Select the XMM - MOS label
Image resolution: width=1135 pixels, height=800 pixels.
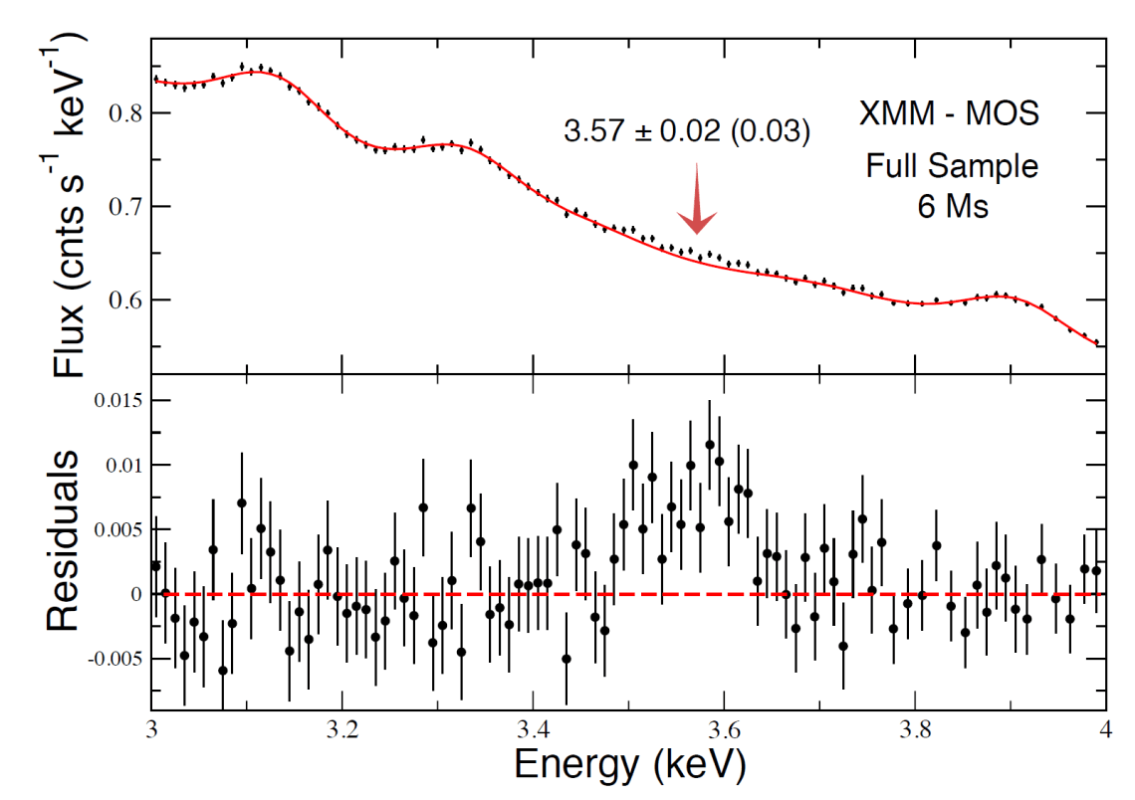[x=949, y=113]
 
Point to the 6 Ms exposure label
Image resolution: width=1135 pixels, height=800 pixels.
[x=950, y=208]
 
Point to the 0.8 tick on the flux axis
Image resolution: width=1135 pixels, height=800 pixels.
[x=124, y=113]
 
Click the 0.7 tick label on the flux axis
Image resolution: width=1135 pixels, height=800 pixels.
[x=124, y=207]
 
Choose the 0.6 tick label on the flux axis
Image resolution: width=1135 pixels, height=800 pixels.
[x=124, y=300]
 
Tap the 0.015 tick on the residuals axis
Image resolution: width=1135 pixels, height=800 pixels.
[x=117, y=401]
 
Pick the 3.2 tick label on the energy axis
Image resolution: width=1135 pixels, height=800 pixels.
[x=341, y=728]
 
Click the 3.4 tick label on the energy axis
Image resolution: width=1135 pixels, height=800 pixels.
[x=533, y=728]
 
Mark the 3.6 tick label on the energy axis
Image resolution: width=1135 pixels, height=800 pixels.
[x=723, y=728]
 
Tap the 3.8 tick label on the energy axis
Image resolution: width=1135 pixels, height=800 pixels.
[x=914, y=728]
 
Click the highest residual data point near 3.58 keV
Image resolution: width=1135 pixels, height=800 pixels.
[x=709, y=445]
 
